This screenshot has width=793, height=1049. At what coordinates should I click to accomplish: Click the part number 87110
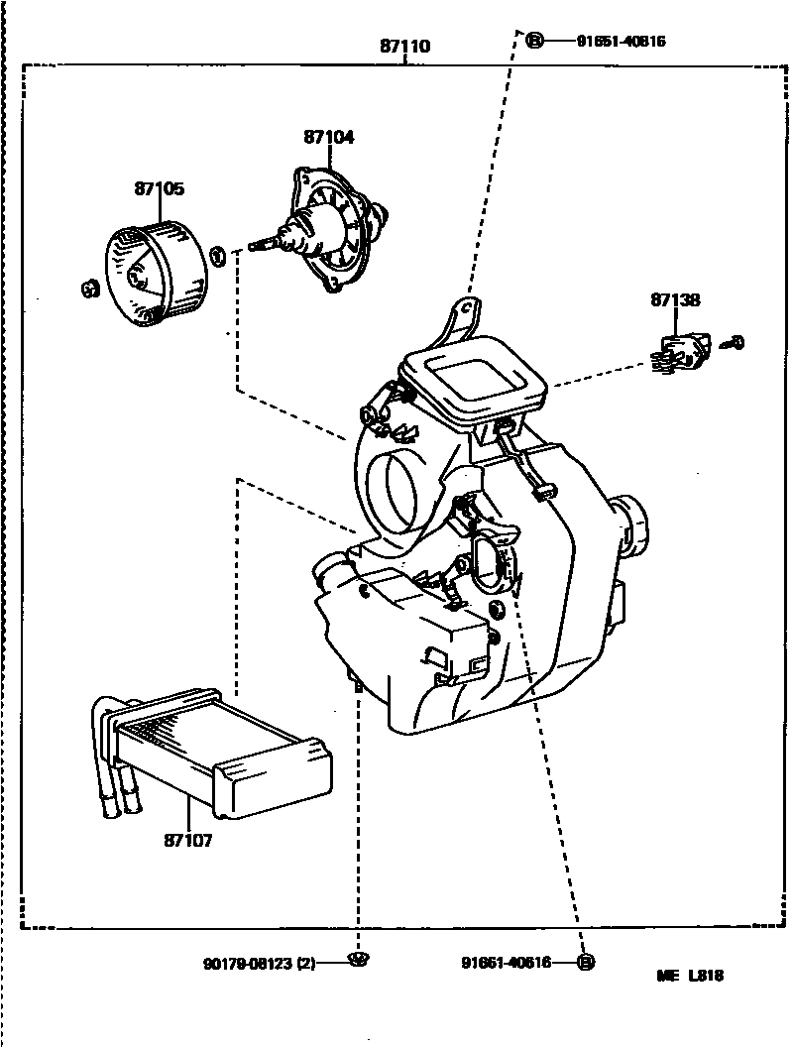pos(405,47)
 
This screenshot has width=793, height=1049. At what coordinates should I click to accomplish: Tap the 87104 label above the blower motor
pos(329,138)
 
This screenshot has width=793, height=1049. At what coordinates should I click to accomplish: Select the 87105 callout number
pos(160,188)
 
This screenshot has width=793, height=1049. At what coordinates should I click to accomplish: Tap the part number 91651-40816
pos(622,41)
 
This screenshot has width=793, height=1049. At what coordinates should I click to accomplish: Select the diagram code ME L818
pos(690,976)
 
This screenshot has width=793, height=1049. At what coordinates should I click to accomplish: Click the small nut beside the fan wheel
pos(88,289)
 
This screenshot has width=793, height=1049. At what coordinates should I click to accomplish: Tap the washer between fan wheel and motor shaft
pos(220,257)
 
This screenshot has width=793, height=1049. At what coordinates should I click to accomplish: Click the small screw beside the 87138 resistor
pos(735,343)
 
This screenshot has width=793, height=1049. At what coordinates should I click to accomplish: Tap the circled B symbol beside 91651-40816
pos(535,41)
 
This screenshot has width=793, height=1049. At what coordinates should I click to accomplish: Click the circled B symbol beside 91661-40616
pos(585,962)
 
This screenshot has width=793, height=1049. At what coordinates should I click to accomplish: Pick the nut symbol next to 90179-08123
pos(359,958)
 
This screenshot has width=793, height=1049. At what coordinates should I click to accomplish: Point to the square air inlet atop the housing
pos(475,378)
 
